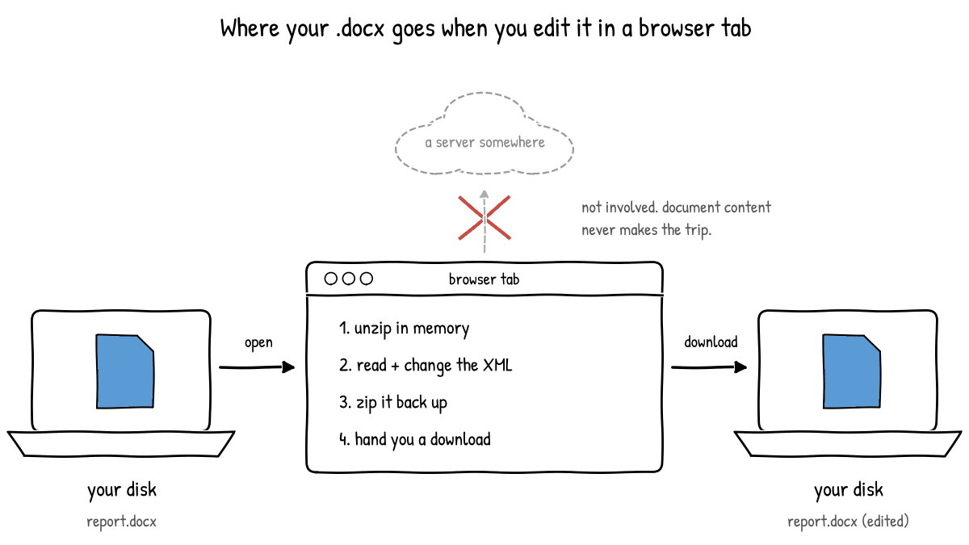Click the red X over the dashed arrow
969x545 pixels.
[484, 217]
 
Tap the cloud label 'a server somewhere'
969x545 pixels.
[484, 142]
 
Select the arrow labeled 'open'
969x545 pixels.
[257, 367]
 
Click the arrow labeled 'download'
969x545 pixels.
[710, 367]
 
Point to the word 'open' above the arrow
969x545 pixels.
[258, 342]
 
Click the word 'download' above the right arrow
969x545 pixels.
[711, 342]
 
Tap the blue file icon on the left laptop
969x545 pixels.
[125, 371]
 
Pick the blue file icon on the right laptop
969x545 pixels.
[852, 371]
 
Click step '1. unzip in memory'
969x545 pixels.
[404, 329]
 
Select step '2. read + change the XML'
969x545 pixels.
[426, 366]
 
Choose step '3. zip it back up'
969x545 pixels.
[392, 403]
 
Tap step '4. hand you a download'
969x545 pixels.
[415, 439]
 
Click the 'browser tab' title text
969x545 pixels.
[484, 279]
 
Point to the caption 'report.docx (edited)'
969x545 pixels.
[848, 521]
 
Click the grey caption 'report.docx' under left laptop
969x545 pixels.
[122, 522]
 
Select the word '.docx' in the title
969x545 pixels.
[360, 28]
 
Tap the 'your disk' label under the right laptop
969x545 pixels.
[849, 490]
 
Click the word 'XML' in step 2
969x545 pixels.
[497, 365]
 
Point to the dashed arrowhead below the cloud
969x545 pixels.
[484, 195]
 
